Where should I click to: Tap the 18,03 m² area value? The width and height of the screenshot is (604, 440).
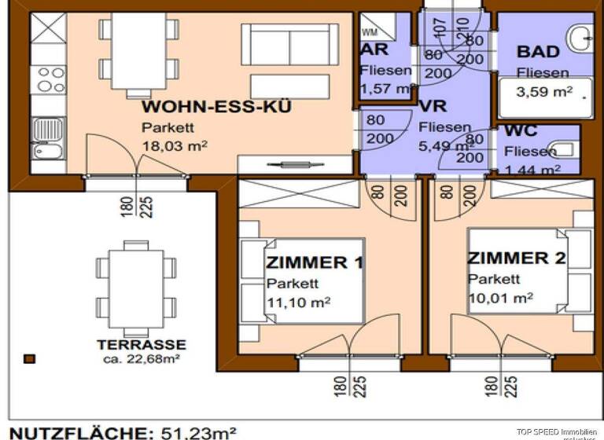pyautogui.click(x=174, y=145)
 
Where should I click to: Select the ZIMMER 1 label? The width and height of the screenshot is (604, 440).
pyautogui.click(x=314, y=262)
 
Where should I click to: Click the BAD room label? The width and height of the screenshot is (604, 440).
pyautogui.click(x=538, y=52)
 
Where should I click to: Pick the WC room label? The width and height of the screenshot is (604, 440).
pyautogui.click(x=521, y=131)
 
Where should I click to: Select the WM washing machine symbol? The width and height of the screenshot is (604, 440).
pyautogui.click(x=370, y=32)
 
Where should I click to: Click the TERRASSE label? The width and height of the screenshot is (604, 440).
pyautogui.click(x=142, y=344)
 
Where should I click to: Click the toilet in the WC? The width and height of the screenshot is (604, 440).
pyautogui.click(x=563, y=148)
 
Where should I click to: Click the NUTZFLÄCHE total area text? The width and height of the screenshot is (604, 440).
pyautogui.click(x=122, y=432)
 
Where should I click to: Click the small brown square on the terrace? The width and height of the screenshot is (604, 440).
pyautogui.click(x=30, y=359)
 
